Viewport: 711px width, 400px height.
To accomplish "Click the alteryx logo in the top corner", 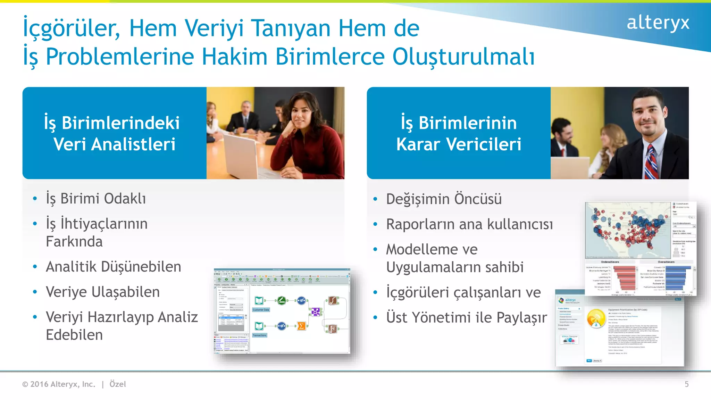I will pyautogui.click(x=658, y=23).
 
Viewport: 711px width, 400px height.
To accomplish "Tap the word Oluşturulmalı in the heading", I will pyautogui.click(x=463, y=57).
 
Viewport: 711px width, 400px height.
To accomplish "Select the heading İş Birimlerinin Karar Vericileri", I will pyautogui.click(x=459, y=133).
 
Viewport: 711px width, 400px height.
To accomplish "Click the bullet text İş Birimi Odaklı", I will pyautogui.click(x=96, y=199).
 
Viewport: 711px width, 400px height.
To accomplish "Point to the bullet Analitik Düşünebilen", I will pyautogui.click(x=113, y=267).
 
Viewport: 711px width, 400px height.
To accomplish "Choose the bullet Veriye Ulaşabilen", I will pyautogui.click(x=102, y=292).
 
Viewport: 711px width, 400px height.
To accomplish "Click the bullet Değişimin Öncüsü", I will pyautogui.click(x=444, y=199).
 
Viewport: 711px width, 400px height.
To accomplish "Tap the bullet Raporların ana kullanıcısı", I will pyautogui.click(x=469, y=224).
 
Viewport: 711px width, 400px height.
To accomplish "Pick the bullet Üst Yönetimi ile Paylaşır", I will pyautogui.click(x=466, y=317).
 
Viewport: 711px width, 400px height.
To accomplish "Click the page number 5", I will pyautogui.click(x=686, y=384).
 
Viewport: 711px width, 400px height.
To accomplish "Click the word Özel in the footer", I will pyautogui.click(x=118, y=384).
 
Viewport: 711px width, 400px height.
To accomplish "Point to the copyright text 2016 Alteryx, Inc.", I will pyautogui.click(x=62, y=384).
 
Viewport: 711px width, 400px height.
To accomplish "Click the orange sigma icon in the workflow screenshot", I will pyautogui.click(x=301, y=326).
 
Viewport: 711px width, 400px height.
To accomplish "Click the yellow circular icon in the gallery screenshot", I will pyautogui.click(x=596, y=318).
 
